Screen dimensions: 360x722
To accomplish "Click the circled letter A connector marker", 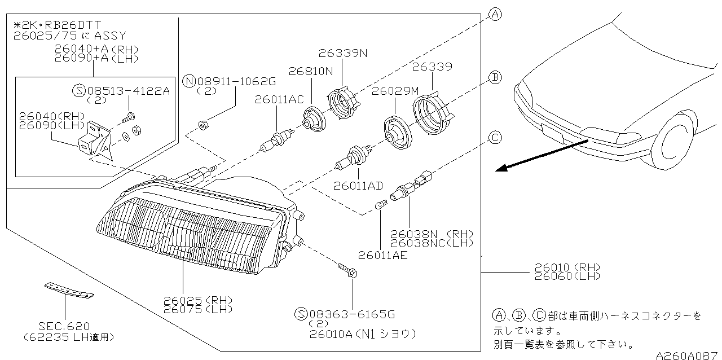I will [495, 15].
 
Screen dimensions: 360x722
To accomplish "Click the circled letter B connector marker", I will [495, 78].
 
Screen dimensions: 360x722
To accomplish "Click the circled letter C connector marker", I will [495, 137].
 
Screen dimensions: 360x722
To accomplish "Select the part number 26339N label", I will [342, 54].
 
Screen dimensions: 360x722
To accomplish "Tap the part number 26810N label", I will [311, 72].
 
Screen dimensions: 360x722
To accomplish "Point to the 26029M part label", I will [395, 90].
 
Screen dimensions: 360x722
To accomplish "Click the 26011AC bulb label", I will [279, 99].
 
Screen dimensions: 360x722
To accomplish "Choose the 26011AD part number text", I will [358, 185].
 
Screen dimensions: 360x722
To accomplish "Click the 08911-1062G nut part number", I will [230, 81].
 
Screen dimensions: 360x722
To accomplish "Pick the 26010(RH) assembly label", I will [567, 267].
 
